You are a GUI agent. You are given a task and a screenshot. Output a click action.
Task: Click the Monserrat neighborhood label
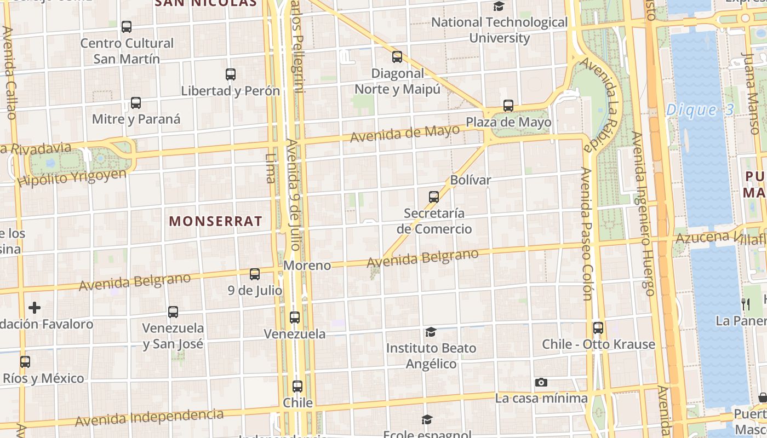[215, 221]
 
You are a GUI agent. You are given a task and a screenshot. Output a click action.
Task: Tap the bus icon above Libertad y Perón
[231, 74]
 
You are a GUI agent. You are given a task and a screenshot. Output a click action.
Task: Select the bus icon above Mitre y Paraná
[136, 103]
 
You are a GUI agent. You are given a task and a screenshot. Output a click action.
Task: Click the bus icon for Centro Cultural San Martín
[127, 27]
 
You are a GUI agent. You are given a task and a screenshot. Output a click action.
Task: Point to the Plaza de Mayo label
[508, 122]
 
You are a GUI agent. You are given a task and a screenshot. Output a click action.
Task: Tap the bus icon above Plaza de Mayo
[508, 106]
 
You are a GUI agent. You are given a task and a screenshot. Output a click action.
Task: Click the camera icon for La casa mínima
[541, 382]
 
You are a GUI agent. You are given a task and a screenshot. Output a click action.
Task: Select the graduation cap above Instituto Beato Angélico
[431, 332]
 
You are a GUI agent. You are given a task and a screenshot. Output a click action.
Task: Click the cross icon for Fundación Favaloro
[35, 308]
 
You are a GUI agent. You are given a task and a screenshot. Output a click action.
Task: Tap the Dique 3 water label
[700, 110]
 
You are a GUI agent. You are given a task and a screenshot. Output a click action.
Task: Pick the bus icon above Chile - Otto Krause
[598, 328]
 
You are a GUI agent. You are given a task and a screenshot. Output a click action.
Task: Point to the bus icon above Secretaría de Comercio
[434, 197]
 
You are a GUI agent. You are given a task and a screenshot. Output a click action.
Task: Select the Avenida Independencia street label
[149, 417]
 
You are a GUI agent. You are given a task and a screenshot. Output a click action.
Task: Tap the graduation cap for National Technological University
[499, 7]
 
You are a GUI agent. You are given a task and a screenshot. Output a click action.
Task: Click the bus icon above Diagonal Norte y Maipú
[397, 57]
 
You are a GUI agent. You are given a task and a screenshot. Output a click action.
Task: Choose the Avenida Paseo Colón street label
[587, 234]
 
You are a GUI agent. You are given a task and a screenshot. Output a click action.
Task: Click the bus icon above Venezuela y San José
[173, 312]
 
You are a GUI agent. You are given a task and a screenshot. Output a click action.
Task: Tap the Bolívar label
[471, 180]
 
